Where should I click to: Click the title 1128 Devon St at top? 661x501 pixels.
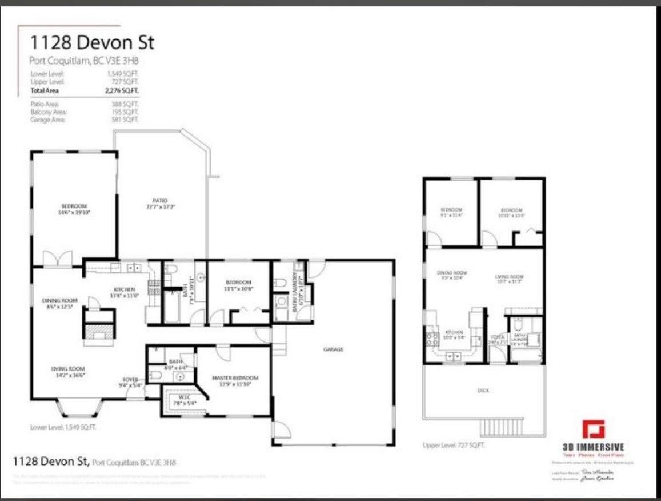[x=92, y=43]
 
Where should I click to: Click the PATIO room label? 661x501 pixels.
[x=160, y=203]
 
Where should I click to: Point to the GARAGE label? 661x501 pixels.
[x=333, y=349]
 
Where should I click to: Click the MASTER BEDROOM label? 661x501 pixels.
[x=235, y=381]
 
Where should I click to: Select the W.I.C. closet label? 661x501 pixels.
[x=184, y=399]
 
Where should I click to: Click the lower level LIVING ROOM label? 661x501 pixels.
[x=67, y=372]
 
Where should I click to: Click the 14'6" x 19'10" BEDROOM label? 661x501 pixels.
[x=74, y=209]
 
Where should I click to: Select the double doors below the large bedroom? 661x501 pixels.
[x=59, y=260]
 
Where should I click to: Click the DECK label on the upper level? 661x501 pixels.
[x=484, y=391]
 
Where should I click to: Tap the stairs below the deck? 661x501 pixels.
[x=501, y=427]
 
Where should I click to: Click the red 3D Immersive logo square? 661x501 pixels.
[x=593, y=430]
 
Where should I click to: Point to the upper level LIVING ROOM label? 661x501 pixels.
[x=510, y=279]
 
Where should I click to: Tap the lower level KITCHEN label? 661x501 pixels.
[x=123, y=292]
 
